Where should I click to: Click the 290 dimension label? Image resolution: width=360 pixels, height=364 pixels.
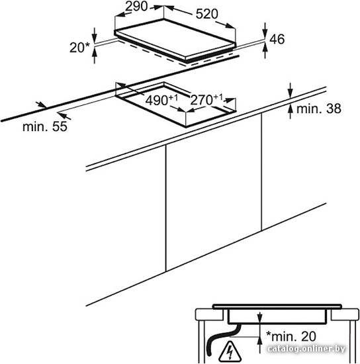click(136, 6)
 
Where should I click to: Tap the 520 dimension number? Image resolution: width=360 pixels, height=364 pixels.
click(207, 14)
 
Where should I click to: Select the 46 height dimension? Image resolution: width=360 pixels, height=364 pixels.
click(277, 39)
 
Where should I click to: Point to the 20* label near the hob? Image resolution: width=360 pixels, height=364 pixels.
click(79, 48)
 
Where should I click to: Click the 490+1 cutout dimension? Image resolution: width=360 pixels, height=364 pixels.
click(161, 100)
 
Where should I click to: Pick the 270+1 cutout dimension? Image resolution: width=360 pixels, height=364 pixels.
click(206, 99)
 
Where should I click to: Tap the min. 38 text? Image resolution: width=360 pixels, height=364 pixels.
click(319, 109)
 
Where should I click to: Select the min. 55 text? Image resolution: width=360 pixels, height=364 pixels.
click(45, 126)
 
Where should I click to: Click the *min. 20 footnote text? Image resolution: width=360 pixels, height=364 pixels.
click(291, 336)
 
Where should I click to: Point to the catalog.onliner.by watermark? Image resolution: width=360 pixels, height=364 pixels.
click(306, 348)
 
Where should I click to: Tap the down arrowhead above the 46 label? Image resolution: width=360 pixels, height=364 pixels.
click(265, 34)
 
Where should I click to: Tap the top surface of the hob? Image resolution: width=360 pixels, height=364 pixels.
click(175, 38)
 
